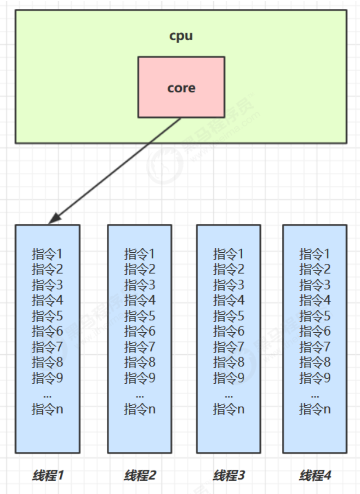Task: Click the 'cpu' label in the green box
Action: [181, 36]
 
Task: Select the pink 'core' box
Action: [181, 87]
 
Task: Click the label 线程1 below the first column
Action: [48, 475]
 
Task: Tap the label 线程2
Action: [140, 475]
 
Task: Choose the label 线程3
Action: [229, 475]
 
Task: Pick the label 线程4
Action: [315, 475]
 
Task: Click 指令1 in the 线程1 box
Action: [47, 254]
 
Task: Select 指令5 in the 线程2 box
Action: [140, 316]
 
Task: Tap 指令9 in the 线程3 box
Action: [229, 378]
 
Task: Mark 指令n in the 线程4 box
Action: [315, 410]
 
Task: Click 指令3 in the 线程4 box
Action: [315, 285]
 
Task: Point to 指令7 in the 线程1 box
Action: [47, 347]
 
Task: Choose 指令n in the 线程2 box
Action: [140, 410]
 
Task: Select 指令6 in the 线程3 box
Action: [229, 331]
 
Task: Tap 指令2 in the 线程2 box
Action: [140, 269]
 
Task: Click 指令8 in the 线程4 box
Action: [315, 362]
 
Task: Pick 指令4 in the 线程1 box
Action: [47, 300]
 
